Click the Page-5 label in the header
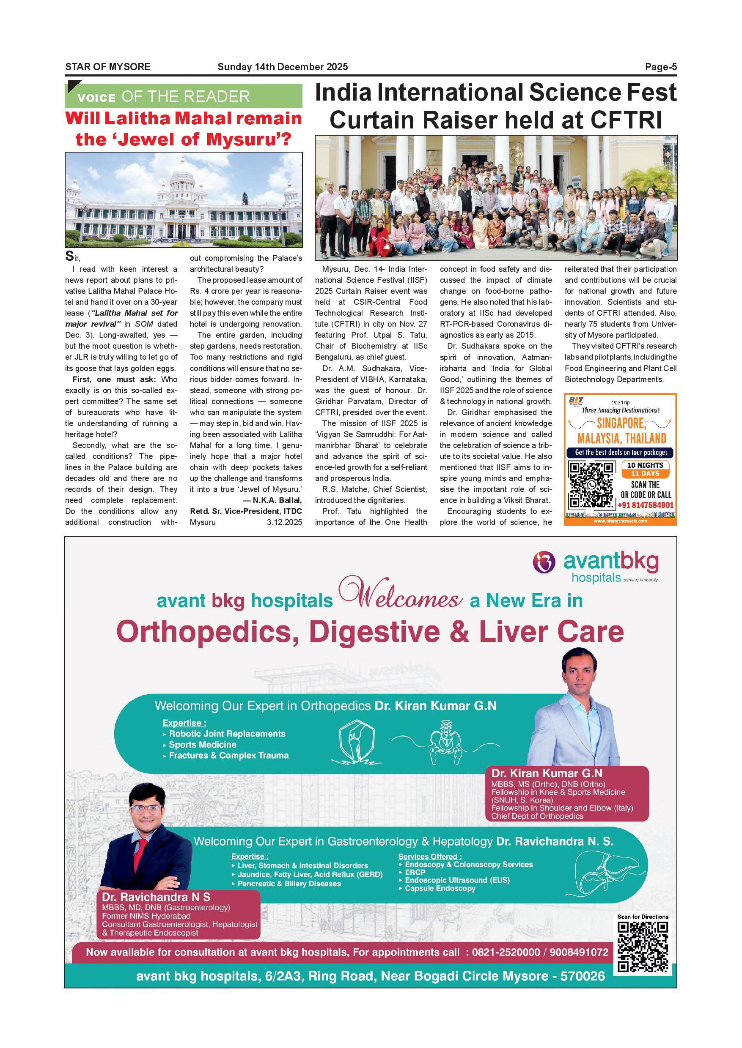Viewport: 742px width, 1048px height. coord(661,67)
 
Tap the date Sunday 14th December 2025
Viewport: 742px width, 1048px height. coord(282,67)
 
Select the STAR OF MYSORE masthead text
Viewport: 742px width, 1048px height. coord(108,67)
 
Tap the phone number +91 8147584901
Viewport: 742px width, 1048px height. coord(645,505)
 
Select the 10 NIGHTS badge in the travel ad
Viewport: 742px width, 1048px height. coord(645,465)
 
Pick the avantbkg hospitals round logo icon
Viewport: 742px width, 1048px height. coord(544,562)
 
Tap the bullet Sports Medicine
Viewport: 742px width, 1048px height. coord(202,745)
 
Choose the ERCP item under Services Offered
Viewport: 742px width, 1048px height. coord(415,872)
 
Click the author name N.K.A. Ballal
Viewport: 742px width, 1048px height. coord(277,500)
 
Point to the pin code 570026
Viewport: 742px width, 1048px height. coord(582,976)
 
